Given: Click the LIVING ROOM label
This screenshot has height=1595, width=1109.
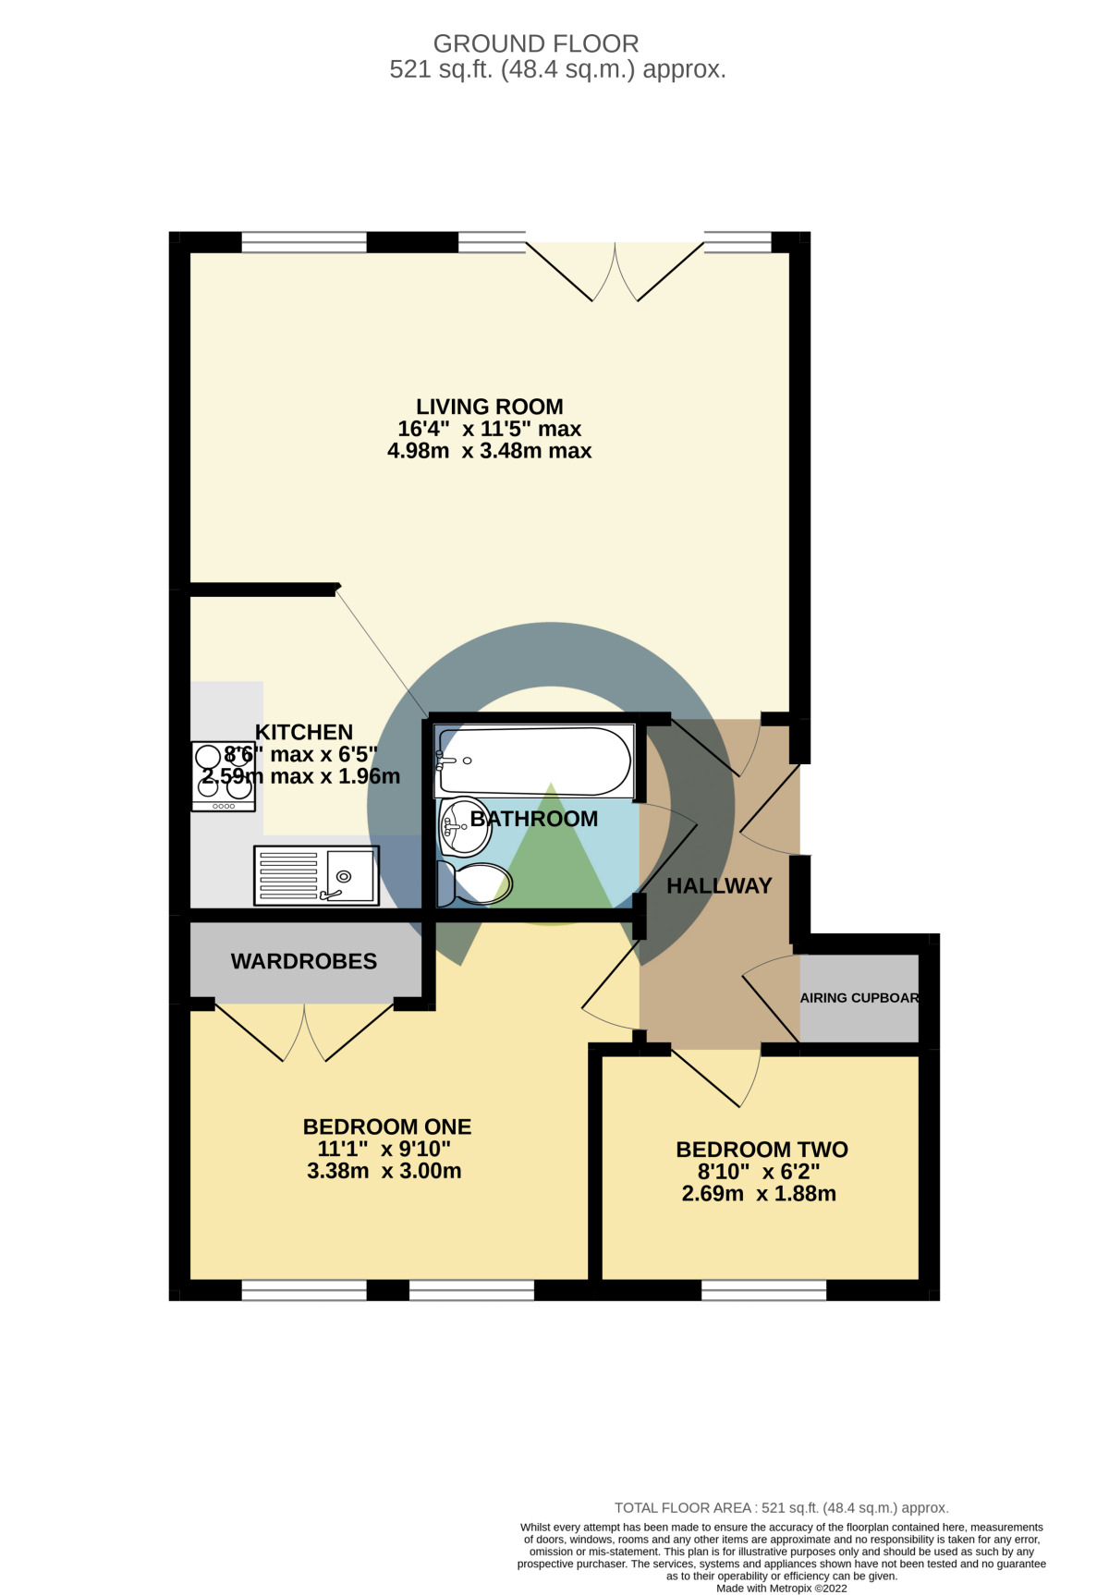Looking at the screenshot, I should point(489,407).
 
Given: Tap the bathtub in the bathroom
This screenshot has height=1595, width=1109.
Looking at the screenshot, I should point(534,761).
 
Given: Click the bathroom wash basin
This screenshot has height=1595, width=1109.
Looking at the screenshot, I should point(464,826).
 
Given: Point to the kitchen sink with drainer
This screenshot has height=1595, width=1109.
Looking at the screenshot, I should point(316,875).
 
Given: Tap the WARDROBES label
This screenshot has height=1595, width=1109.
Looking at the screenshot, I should point(304,962).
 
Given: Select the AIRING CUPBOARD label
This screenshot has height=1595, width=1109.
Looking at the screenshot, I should point(859,998).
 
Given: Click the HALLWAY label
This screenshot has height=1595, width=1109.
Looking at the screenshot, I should point(719,886).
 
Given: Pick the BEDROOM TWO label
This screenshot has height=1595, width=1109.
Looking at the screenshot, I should point(762,1150).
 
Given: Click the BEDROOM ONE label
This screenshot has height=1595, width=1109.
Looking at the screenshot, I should point(387,1127).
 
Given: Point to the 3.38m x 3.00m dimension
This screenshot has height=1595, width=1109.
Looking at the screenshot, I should point(384,1172).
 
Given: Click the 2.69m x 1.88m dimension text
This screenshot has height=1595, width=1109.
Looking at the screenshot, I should point(759,1194).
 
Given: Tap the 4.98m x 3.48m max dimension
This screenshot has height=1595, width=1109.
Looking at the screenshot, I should point(489,451).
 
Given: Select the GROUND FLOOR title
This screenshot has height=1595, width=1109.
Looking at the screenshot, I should point(536,43).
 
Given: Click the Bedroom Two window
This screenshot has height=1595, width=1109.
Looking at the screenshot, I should point(763,1290).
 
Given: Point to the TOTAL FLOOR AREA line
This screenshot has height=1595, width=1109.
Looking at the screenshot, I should point(782,1507).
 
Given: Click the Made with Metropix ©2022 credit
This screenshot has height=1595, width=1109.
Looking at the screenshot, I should point(782,1589).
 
